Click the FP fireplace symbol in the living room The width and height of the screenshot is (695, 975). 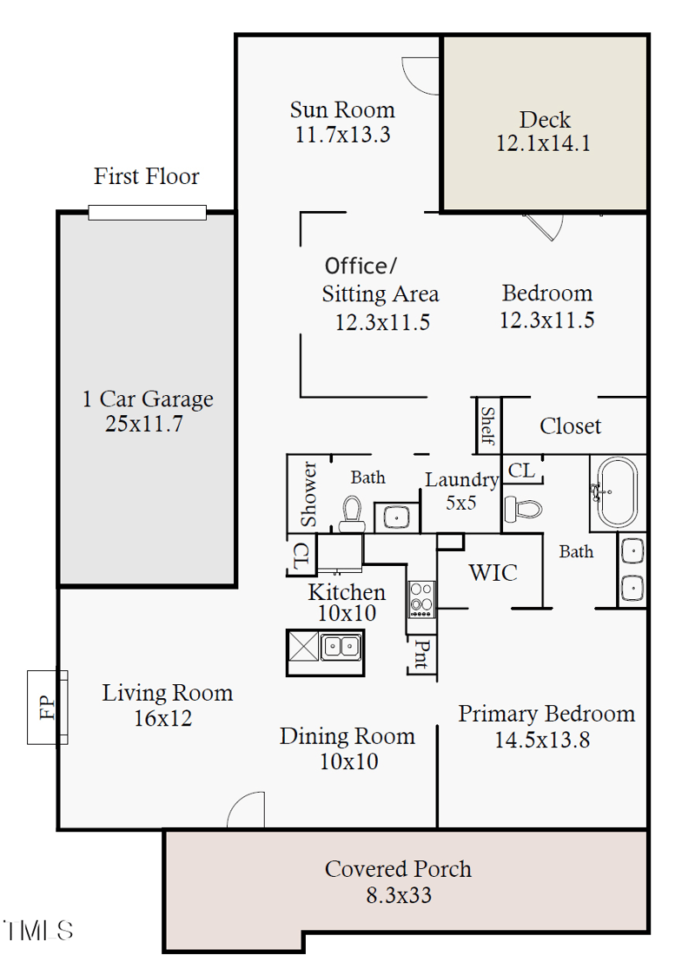point(47,707)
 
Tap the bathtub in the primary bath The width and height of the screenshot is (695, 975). point(616,492)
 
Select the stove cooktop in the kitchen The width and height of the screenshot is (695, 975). point(421,598)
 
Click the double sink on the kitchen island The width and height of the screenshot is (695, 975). point(341,647)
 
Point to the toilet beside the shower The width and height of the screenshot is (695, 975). point(352,512)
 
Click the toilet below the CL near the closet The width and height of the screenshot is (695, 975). point(523,508)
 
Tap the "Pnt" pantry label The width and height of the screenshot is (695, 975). point(420,655)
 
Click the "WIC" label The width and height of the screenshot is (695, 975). point(493,573)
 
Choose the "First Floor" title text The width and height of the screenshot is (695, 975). point(147,176)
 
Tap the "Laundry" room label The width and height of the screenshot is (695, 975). point(461,479)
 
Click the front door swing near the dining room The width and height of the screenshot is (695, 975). point(246,811)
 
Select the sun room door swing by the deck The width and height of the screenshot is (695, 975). point(423,76)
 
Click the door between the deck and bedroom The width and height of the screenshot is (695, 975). point(544,225)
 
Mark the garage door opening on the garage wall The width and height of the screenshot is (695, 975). point(147,213)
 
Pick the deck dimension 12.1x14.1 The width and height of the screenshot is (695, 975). point(544,144)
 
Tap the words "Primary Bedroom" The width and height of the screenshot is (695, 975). point(546,714)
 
